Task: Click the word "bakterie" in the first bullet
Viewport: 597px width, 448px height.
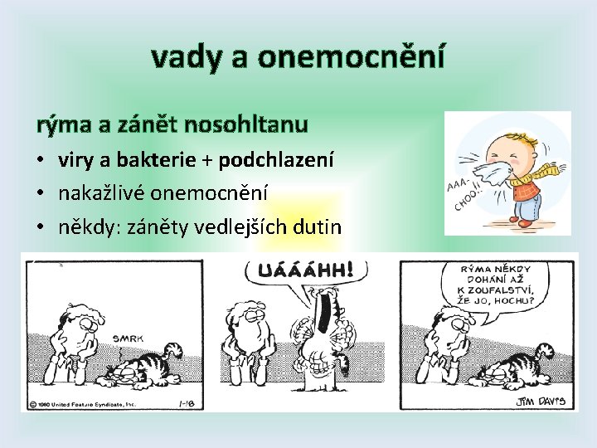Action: (x=163, y=159)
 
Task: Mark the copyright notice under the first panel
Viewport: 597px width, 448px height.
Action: (x=83, y=404)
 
